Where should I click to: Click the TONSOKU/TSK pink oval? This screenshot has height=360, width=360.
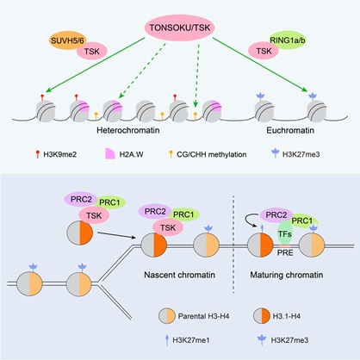pyautogui.click(x=180, y=28)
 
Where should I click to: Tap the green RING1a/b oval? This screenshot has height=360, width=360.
pyautogui.click(x=288, y=40)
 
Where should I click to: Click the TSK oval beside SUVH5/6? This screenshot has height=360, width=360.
pyautogui.click(x=92, y=51)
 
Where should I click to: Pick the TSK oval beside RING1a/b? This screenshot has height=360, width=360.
pyautogui.click(x=264, y=51)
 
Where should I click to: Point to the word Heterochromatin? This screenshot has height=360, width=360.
pyautogui.click(x=128, y=130)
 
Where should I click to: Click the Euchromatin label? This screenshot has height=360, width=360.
pyautogui.click(x=290, y=130)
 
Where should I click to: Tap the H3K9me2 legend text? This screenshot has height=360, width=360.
pyautogui.click(x=60, y=154)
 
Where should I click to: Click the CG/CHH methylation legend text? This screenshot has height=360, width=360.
pyautogui.click(x=212, y=154)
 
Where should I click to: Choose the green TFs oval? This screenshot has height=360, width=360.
pyautogui.click(x=285, y=233)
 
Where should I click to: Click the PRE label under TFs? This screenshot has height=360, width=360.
pyautogui.click(x=285, y=252)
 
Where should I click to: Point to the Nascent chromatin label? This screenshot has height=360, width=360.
pyautogui.click(x=179, y=275)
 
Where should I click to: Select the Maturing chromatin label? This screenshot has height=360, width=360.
pyautogui.click(x=287, y=275)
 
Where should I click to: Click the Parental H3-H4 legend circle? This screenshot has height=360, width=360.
pyautogui.click(x=167, y=316)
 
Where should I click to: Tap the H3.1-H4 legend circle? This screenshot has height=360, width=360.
pyautogui.click(x=262, y=316)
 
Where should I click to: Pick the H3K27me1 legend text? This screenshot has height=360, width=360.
pyautogui.click(x=191, y=340)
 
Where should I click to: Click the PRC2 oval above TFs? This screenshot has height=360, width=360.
pyautogui.click(x=276, y=215)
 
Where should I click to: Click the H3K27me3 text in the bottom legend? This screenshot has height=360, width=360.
pyautogui.click(x=289, y=340)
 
